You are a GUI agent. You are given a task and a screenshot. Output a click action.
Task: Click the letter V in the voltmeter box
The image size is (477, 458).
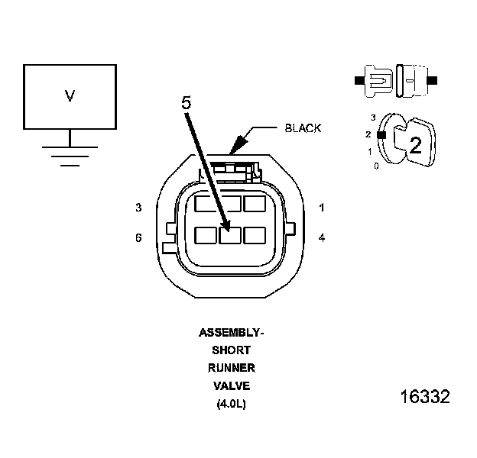coord(70,96)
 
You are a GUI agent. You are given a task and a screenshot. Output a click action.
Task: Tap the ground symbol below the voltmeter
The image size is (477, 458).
coord(70,153)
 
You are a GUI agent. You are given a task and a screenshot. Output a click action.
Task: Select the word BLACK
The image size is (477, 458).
coord(303,128)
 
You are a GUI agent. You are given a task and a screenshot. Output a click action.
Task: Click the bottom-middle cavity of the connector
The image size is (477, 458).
coord(230,235)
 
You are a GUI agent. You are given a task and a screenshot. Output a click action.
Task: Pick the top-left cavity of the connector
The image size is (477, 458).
coord(205,205)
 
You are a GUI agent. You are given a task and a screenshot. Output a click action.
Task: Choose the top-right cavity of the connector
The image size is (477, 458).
coord(254,204)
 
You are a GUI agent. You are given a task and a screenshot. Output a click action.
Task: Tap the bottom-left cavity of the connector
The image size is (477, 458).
coord(206,235)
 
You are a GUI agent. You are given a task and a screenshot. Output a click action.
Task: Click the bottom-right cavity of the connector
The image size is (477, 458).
coord(254,235)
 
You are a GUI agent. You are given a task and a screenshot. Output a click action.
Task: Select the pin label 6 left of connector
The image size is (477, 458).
coord(138,238)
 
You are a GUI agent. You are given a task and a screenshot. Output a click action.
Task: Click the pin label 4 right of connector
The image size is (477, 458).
coord(322,238)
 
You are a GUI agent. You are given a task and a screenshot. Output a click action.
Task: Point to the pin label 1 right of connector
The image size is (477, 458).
coord(322,208)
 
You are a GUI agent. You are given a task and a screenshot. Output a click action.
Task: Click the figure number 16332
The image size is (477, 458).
coord(425,398)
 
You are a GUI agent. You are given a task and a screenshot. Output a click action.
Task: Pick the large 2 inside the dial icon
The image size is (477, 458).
coord(415,147)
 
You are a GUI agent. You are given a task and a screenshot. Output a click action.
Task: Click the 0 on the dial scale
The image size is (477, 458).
coord(376,166)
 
